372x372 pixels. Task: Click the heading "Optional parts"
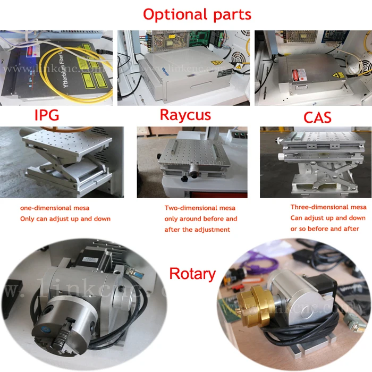coord(197,14)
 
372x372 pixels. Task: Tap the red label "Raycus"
coord(185,114)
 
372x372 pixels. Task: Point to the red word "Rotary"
coord(192,274)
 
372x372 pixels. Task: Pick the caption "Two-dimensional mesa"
coord(200,208)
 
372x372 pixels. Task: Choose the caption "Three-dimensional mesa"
coord(328,207)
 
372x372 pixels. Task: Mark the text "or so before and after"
coord(325,229)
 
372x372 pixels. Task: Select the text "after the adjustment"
coord(198,230)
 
